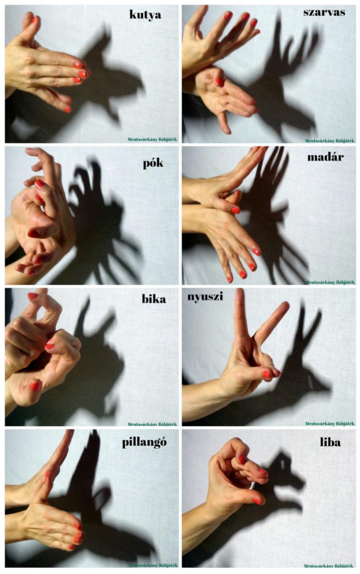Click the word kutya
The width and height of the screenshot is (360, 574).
coord(146,14)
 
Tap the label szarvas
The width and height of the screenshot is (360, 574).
coord(324,12)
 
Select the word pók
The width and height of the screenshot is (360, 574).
coord(153,163)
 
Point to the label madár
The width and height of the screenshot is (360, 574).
coord(326,156)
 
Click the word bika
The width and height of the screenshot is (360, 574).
coord(154,299)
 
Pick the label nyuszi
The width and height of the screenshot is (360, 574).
coord(205,297)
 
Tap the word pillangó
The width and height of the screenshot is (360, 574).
coord(145,442)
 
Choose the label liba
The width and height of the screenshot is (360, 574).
coord(330,442)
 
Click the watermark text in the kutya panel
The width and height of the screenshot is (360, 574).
coord(152,139)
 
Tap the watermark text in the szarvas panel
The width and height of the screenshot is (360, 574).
coord(329,141)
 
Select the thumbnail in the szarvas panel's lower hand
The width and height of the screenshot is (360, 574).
coord(219,81)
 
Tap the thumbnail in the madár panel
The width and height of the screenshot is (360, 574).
coord(236,210)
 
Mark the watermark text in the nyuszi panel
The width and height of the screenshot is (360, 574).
coord(330,424)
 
